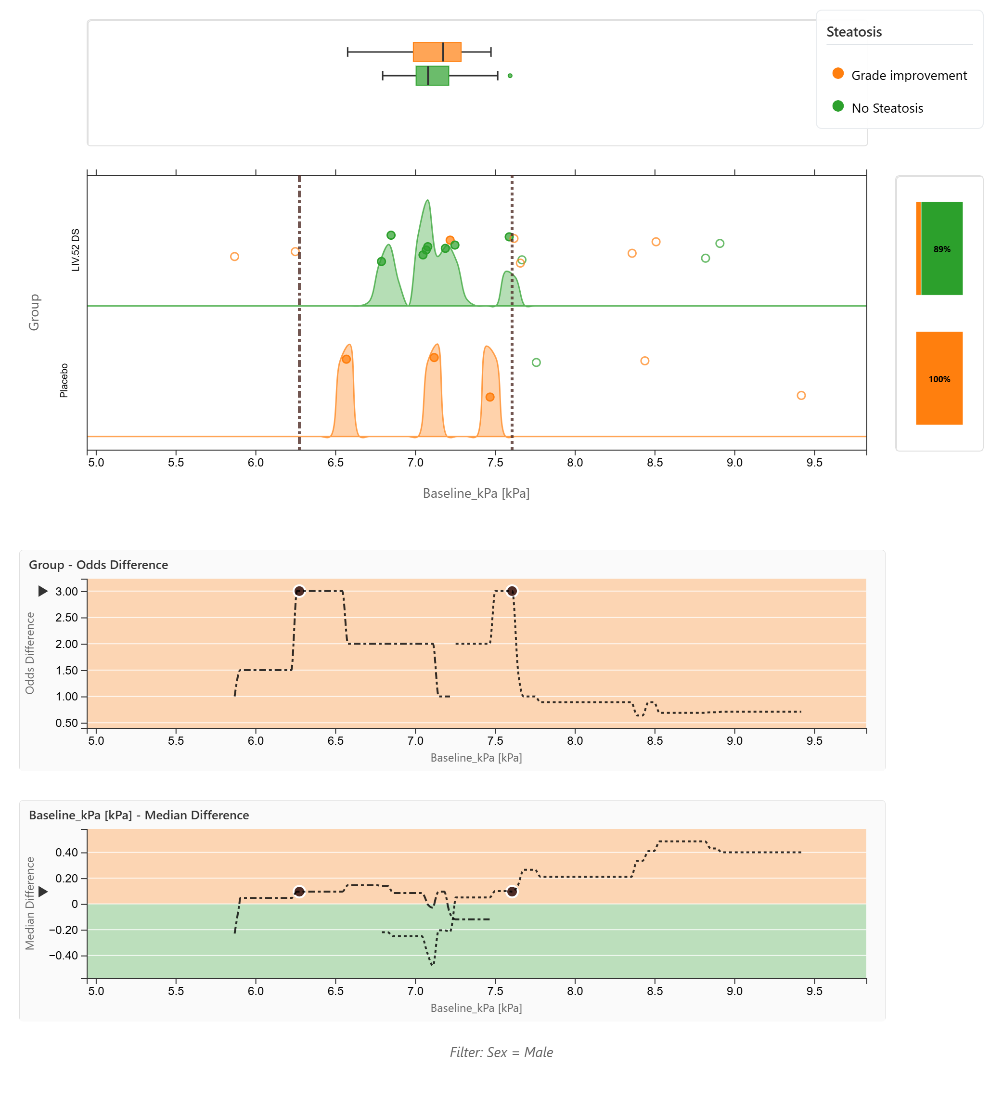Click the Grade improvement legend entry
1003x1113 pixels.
pos(908,76)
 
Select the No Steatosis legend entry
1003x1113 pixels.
pos(887,108)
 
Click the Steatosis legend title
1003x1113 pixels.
pos(854,32)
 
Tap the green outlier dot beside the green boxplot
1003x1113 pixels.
pos(510,76)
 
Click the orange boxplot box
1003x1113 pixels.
pos(437,52)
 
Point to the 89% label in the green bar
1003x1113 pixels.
pos(942,249)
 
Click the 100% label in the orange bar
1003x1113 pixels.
pos(939,379)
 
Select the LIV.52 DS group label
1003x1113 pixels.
pos(76,250)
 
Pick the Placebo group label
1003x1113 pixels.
pos(64,380)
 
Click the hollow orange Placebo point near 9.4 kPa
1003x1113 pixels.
pos(801,395)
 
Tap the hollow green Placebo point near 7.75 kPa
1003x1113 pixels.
pos(536,362)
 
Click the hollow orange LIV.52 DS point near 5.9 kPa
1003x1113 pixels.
pos(234,256)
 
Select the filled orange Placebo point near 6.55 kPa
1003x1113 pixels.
pos(346,359)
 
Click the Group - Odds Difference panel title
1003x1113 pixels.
pos(98,565)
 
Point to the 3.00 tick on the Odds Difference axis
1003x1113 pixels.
pos(67,592)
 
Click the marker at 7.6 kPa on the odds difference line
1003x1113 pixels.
pos(512,591)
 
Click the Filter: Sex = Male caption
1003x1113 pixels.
pos(501,1052)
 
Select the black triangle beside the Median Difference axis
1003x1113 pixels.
pos(43,892)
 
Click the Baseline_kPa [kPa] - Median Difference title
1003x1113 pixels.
pos(139,815)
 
